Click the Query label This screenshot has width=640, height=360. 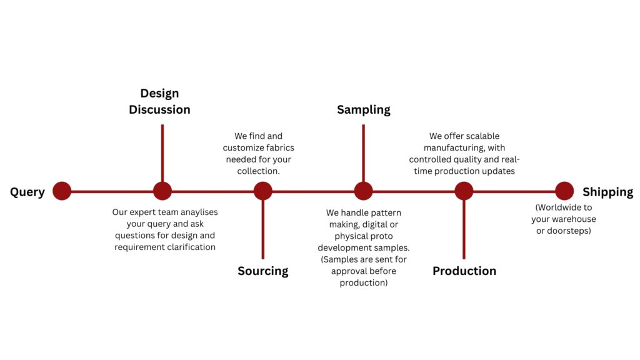pos(27,192)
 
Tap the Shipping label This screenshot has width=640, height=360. pos(607,192)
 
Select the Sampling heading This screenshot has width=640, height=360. pos(363,109)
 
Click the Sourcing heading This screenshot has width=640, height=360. pos(263,271)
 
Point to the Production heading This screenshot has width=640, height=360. pos(464,271)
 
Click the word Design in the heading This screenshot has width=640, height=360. pos(159,93)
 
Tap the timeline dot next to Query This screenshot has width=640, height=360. pos(62,191)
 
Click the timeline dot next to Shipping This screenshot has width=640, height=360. pos(564,191)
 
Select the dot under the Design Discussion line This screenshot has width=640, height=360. pos(162,191)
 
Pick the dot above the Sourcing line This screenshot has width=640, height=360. pos(263,191)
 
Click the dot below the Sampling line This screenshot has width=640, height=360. pos(363,191)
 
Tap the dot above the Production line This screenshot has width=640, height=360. pos(464,191)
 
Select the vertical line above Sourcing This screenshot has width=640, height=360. pos(263,229)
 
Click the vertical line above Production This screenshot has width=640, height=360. pos(464,229)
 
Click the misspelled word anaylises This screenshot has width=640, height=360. pos(196,212)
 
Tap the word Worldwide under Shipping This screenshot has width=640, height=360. pos(564,207)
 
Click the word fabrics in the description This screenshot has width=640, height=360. pos(278,148)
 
